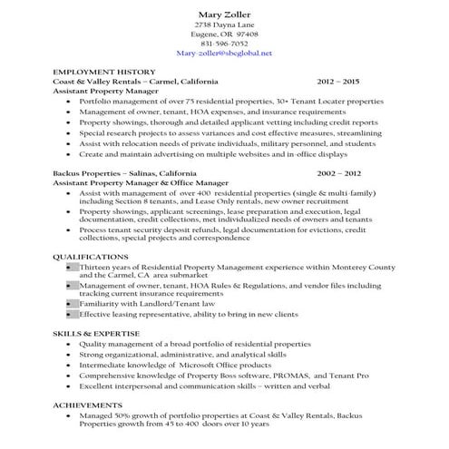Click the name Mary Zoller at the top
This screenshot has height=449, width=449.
(224, 15)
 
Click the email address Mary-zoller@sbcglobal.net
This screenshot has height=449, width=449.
(224, 54)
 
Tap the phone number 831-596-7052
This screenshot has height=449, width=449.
(224, 44)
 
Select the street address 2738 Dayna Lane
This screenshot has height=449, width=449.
(224, 24)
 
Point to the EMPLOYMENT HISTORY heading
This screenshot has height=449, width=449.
(104, 72)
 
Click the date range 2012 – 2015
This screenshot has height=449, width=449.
(338, 82)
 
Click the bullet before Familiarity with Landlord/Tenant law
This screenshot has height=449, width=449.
(71, 304)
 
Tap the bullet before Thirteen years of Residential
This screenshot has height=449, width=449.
(71, 268)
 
